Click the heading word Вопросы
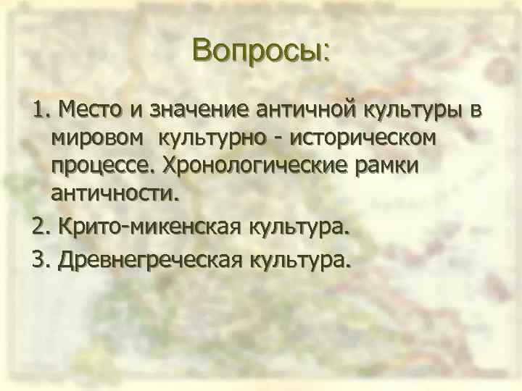pos(260,51)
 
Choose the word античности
pos(114,193)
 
